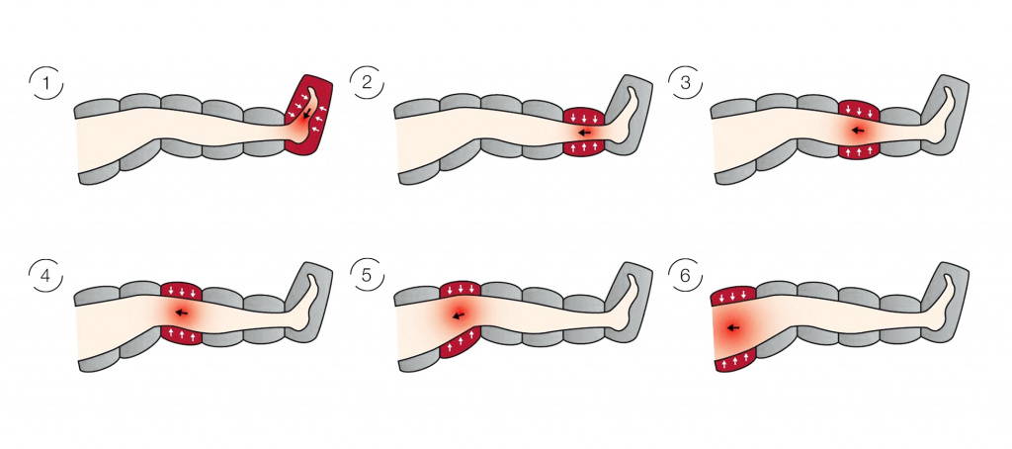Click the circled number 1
click(45, 83)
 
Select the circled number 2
click(367, 83)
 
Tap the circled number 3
click(687, 83)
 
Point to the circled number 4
click(45, 277)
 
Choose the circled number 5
click(367, 277)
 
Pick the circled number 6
click(687, 277)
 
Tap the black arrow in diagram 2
click(585, 134)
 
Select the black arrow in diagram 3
click(858, 131)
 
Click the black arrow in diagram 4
click(182, 314)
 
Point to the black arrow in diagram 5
click(459, 315)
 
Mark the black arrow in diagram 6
click(732, 327)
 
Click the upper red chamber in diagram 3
click(859, 110)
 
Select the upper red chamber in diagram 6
click(733, 296)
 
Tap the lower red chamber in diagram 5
click(460, 342)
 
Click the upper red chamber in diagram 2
click(584, 117)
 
